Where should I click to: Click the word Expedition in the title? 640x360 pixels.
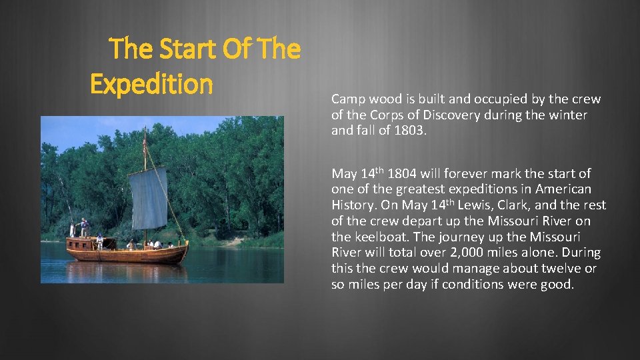coord(151,84)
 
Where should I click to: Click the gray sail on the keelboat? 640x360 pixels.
coord(149,198)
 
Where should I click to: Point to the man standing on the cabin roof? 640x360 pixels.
coord(84,227)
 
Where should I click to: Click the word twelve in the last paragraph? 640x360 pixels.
coord(562,269)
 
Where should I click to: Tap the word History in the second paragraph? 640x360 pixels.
coord(354,205)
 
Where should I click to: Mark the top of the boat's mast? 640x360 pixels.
coord(145,129)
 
